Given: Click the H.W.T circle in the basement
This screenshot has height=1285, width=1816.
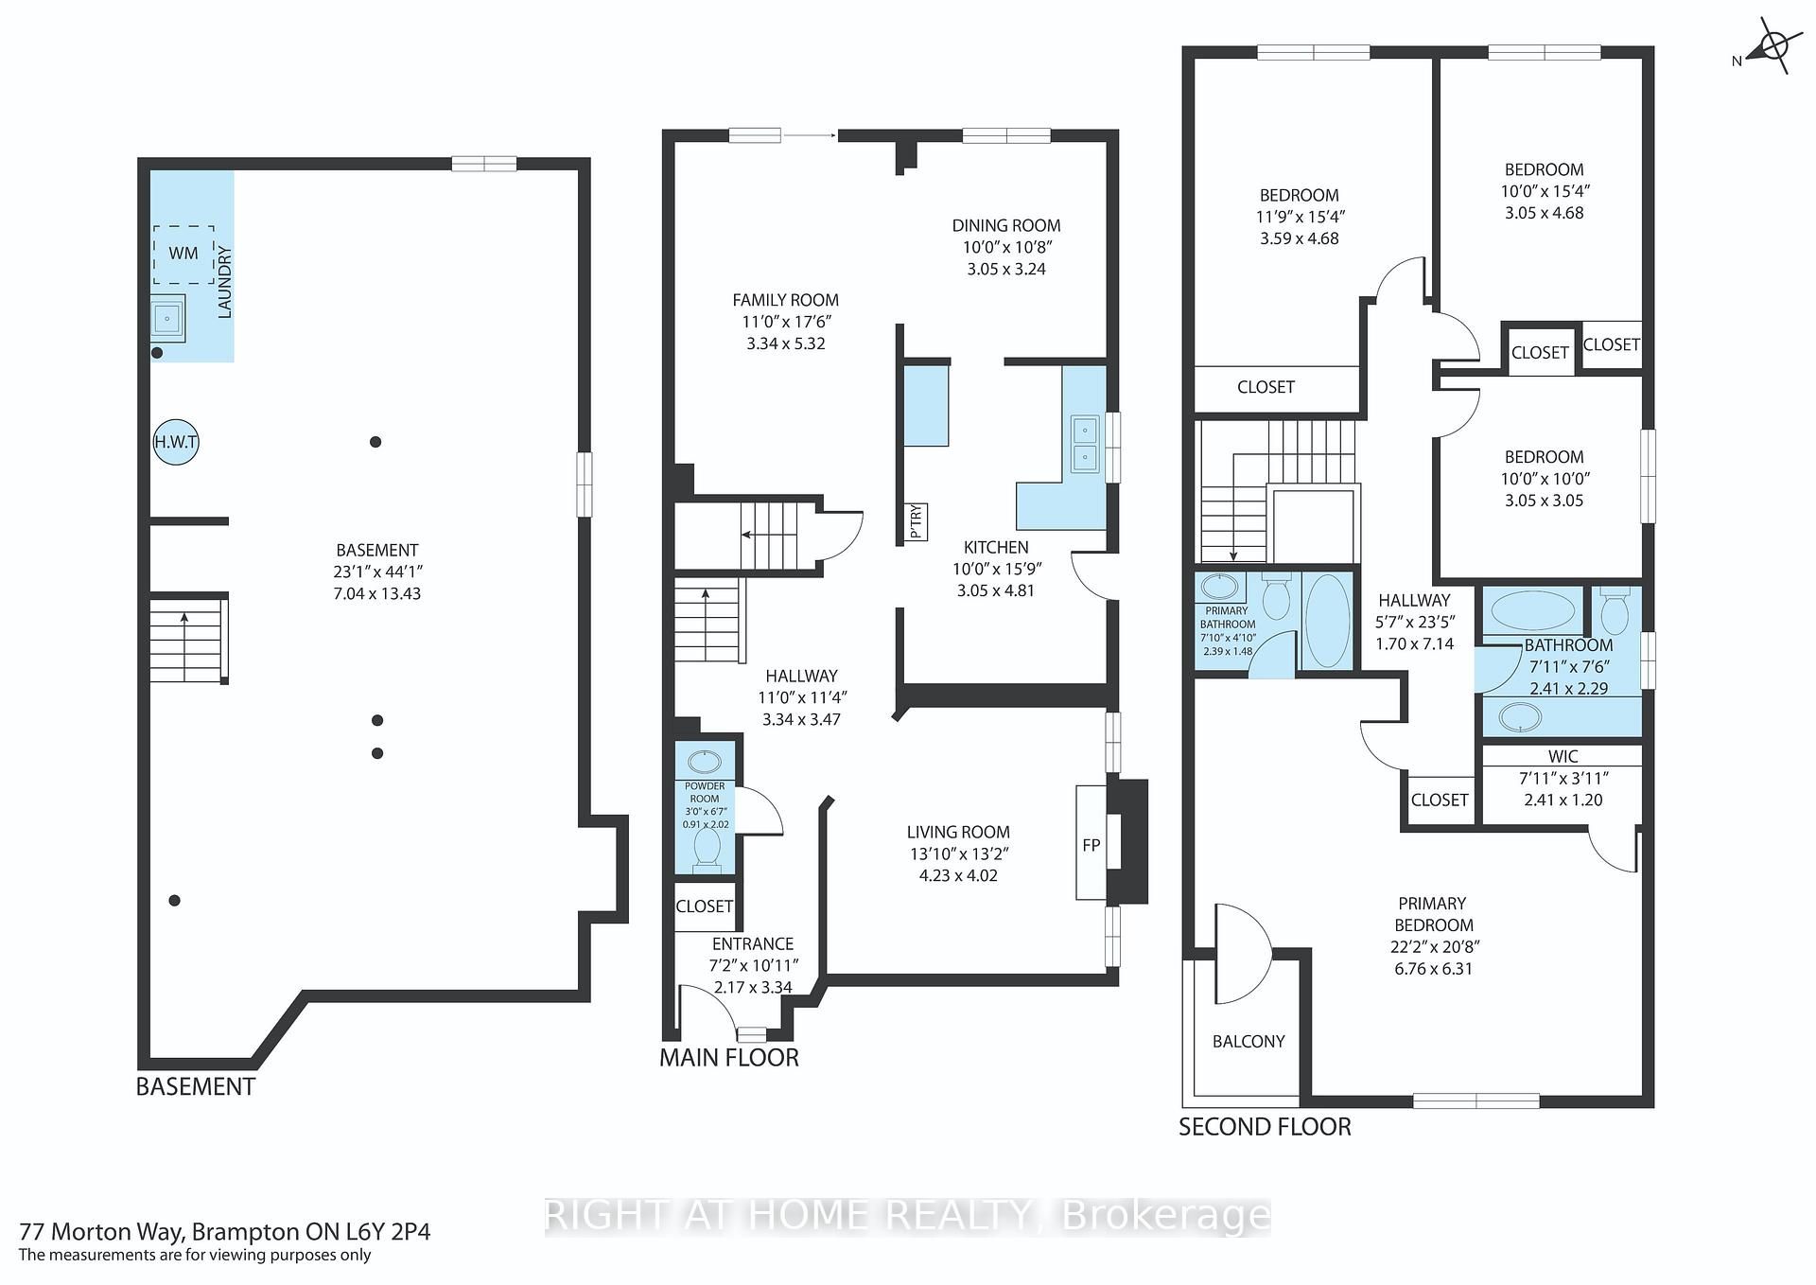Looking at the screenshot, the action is tap(176, 442).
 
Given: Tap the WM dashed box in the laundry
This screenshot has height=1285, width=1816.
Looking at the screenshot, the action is tap(183, 255).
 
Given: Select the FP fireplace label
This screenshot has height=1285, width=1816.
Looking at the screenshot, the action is tap(1091, 845).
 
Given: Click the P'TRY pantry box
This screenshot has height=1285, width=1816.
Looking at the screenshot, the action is tap(916, 521).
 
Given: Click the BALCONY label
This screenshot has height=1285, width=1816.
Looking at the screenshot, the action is tap(1248, 1041).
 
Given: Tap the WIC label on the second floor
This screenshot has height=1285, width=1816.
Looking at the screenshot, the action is tap(1563, 756).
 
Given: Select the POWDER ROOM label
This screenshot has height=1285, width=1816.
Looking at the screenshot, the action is tap(705, 792).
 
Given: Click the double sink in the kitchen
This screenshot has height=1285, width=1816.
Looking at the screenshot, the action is tap(1084, 445).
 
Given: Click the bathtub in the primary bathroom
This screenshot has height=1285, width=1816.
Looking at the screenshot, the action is tap(1327, 622).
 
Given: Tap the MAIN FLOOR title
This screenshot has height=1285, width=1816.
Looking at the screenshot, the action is tap(729, 1057).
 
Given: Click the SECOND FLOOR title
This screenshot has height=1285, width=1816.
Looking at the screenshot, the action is tap(1265, 1126).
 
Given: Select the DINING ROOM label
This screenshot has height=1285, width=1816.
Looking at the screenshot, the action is tap(1006, 225).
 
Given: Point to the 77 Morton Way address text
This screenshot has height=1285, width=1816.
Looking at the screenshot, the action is tap(225, 1231).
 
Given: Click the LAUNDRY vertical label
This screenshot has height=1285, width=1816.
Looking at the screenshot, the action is tap(225, 282).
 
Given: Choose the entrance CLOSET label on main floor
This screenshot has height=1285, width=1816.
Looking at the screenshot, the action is tap(705, 907).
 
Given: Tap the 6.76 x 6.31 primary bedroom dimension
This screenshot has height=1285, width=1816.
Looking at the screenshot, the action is tap(1433, 969).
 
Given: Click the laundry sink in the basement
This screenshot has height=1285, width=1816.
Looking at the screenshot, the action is tap(167, 319).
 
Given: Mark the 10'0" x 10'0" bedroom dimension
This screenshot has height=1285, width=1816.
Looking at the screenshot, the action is tap(1545, 479).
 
